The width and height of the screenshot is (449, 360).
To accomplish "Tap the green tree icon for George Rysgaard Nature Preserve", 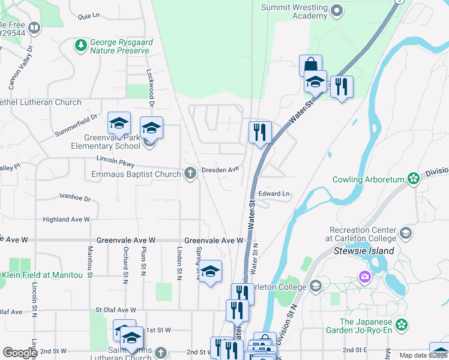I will click(x=80, y=45).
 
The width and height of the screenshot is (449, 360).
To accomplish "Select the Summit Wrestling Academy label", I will click(x=294, y=11).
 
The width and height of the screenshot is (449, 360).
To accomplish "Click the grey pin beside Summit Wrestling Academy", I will click(x=337, y=10).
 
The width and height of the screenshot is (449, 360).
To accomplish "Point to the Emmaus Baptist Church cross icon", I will click(x=190, y=174).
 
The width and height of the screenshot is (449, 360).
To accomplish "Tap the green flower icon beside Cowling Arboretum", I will click(x=413, y=178).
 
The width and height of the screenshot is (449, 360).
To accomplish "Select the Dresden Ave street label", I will click(x=220, y=170).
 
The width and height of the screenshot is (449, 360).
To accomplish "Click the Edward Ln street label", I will click(x=274, y=194).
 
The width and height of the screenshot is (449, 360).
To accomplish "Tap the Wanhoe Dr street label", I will click(x=75, y=197).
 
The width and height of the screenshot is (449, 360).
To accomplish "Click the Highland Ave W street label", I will click(x=66, y=220).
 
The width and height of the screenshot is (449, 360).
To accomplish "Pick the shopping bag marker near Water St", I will click(x=310, y=65).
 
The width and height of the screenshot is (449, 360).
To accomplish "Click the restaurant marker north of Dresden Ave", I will click(x=260, y=132).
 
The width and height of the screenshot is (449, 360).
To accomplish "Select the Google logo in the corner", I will click(x=20, y=353).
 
